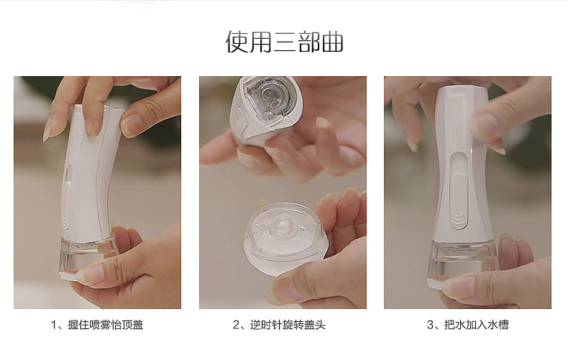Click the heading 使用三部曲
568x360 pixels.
coord(285,42)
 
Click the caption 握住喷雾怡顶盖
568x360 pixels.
coord(106,325)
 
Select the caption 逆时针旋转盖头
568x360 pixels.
coord(288,325)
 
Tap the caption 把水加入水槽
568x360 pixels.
coord(477,325)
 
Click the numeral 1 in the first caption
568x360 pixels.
coord(54,326)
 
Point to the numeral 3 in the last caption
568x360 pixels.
coord(430,326)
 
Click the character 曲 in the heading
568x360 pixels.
coord(332,42)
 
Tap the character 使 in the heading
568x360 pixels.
coord(237,42)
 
